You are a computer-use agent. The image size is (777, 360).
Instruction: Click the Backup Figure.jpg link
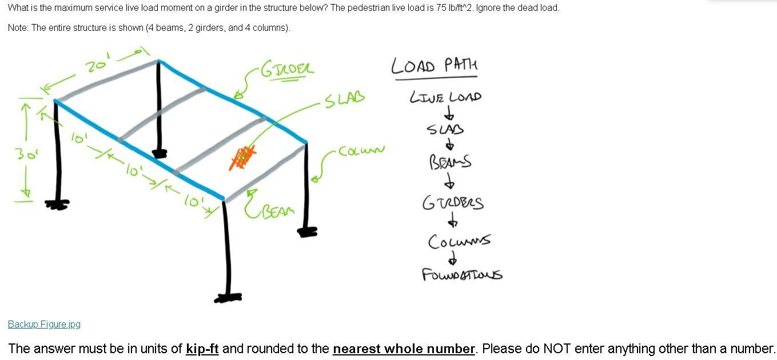click(44, 324)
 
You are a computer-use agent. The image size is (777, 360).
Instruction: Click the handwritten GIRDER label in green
click(287, 70)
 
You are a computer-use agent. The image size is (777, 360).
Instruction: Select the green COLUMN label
click(361, 151)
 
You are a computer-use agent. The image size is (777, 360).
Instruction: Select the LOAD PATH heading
click(434, 66)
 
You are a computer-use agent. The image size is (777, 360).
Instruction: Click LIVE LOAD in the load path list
click(445, 97)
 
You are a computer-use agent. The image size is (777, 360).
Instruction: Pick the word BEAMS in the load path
click(450, 162)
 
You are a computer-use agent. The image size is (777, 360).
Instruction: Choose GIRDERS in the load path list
click(452, 203)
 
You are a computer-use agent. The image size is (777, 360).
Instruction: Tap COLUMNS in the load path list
click(459, 241)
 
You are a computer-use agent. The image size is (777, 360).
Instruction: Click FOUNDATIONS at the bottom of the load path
click(462, 275)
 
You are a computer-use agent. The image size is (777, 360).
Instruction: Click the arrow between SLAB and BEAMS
click(451, 145)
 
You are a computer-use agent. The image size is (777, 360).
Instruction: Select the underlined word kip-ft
click(202, 349)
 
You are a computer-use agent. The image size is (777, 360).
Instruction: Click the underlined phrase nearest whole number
click(404, 349)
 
